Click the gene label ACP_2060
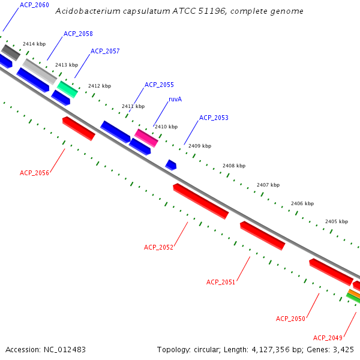pos(34,5)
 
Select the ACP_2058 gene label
pos(78,34)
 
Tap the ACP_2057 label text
pos(105,51)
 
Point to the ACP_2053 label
pos(214,118)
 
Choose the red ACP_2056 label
pos(34,173)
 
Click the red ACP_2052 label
pos(158,247)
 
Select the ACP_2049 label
pos(328,338)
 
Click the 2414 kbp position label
pos(34,44)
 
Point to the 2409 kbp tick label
pos(200,146)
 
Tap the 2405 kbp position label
pos(337,221)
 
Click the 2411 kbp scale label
pos(133,106)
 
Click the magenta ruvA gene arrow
pos(146,137)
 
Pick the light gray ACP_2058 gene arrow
pos(40,71)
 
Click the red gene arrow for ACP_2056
pos(79,128)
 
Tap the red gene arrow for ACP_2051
pos(262,235)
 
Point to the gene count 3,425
pos(343,349)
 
